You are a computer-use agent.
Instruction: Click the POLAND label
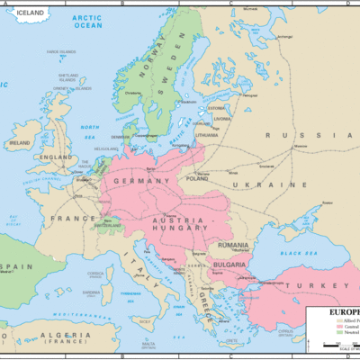coord(196,178)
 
